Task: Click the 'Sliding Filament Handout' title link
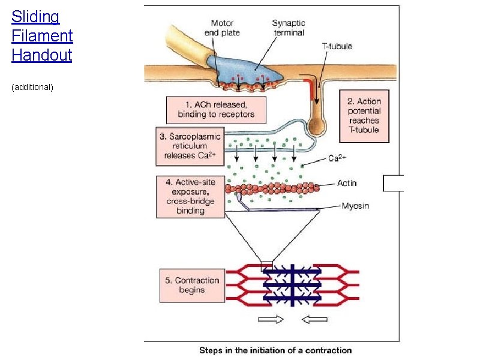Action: click(42, 35)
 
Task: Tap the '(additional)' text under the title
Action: click(33, 88)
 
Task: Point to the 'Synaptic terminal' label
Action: click(288, 28)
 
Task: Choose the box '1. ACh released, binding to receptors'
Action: click(216, 110)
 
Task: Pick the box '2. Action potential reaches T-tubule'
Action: click(364, 115)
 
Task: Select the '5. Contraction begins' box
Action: click(191, 285)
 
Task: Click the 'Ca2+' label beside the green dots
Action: click(337, 159)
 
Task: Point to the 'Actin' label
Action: click(347, 184)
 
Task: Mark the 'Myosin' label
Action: click(355, 206)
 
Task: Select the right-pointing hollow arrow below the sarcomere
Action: click(271, 320)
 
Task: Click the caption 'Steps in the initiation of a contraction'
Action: click(275, 350)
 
